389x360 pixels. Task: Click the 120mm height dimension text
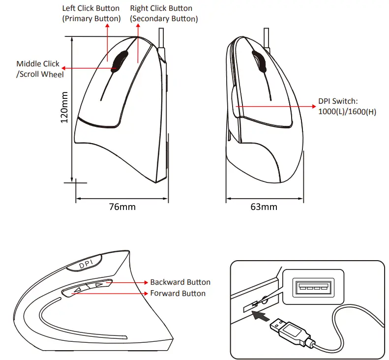click(x=64, y=108)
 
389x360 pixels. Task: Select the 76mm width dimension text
click(x=122, y=207)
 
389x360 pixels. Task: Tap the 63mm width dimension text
click(x=264, y=207)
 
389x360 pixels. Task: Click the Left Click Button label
click(x=91, y=13)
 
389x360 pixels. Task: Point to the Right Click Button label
click(x=164, y=13)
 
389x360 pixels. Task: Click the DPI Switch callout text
click(x=347, y=106)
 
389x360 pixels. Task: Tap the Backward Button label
click(x=180, y=282)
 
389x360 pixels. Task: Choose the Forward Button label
click(x=178, y=293)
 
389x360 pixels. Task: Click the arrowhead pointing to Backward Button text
click(x=146, y=282)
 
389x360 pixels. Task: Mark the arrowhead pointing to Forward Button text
click(x=146, y=293)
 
